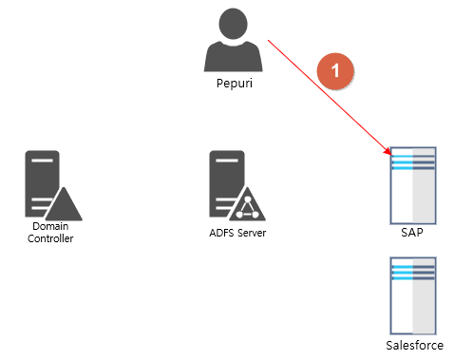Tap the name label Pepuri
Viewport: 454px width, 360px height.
234,84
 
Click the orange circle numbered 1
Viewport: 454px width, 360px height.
335,71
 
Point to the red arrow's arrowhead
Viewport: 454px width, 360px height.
388,152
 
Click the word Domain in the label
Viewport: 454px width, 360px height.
50,227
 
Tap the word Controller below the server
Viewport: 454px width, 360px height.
50,238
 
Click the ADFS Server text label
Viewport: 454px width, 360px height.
237,232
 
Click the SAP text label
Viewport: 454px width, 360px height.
413,231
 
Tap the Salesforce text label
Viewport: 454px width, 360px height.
415,346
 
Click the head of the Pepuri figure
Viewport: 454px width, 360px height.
234,24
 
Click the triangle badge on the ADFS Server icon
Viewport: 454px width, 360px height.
249,204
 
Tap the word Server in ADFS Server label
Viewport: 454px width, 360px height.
252,232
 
